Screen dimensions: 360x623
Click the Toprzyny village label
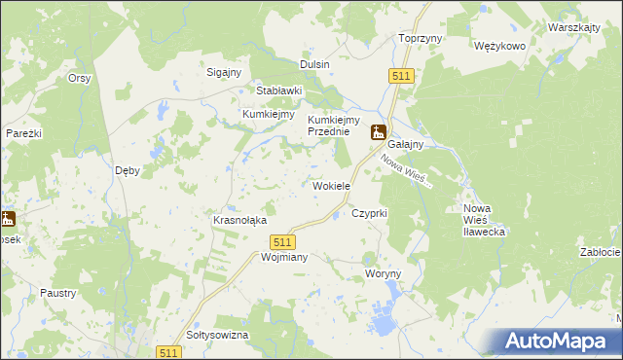click(x=421, y=38)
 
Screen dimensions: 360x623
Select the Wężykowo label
click(x=499, y=46)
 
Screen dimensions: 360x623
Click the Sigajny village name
click(x=225, y=71)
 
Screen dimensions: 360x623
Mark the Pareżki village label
click(x=22, y=132)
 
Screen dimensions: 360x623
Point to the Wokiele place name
click(x=331, y=186)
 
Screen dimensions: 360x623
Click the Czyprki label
click(x=370, y=212)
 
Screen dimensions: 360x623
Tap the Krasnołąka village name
click(x=239, y=221)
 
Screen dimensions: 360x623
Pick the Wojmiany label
click(x=258, y=258)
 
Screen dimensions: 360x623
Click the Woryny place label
click(x=383, y=274)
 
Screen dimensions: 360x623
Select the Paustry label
click(x=58, y=292)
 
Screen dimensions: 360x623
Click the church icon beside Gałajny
click(x=378, y=133)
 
